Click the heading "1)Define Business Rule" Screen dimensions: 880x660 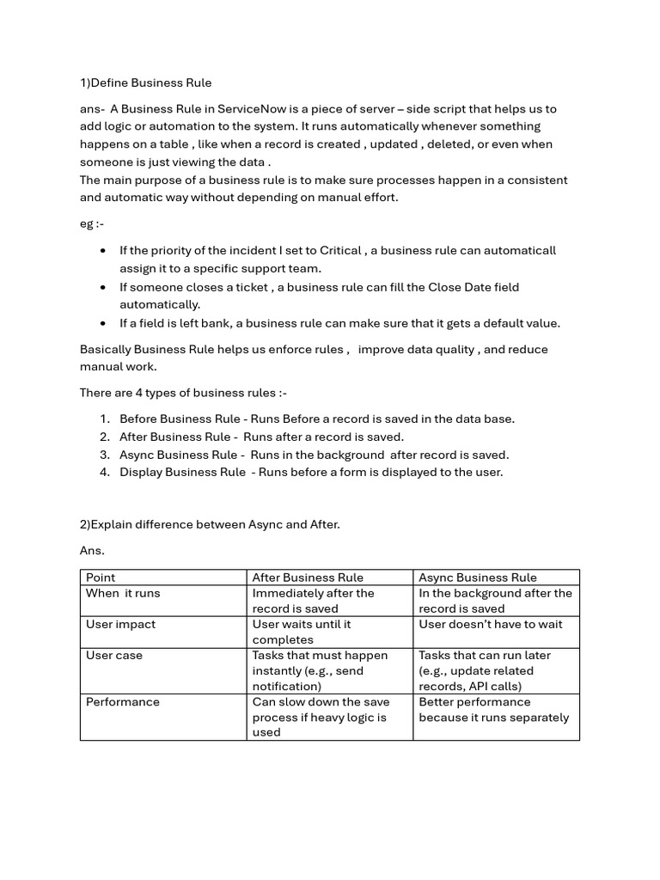click(x=145, y=82)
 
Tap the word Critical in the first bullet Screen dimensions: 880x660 click(x=340, y=250)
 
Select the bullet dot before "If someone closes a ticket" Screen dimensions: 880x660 click(x=103, y=287)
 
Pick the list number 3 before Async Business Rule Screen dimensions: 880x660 click(x=104, y=455)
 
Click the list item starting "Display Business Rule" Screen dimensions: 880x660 click(x=311, y=472)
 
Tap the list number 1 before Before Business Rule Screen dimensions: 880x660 click(x=104, y=419)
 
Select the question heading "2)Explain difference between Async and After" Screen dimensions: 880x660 click(x=210, y=524)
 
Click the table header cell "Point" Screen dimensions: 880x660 click(x=101, y=577)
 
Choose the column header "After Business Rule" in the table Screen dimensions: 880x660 click(x=308, y=577)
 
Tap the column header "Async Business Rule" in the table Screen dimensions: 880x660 click(x=478, y=577)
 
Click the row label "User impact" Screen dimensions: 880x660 click(x=120, y=625)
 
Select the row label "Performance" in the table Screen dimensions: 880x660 click(x=123, y=702)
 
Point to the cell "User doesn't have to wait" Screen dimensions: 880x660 click(x=491, y=625)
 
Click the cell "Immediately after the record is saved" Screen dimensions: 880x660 click(x=313, y=601)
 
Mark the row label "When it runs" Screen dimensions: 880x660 click(x=123, y=593)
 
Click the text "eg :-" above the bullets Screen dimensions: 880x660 click(x=92, y=223)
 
